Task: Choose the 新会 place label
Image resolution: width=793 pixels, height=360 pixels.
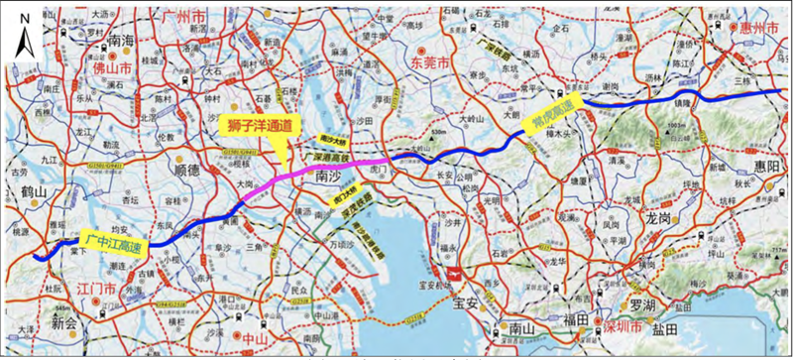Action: click(66, 322)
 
